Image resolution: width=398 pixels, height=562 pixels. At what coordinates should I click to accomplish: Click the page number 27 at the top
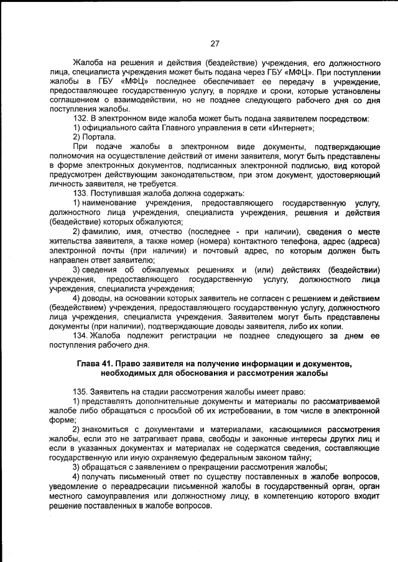[215, 43]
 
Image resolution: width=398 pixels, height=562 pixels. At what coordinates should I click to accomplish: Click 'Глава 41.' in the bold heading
[98, 363]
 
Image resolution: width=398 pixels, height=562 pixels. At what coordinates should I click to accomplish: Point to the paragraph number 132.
[81, 119]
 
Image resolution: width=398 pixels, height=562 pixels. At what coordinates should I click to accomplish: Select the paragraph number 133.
[81, 194]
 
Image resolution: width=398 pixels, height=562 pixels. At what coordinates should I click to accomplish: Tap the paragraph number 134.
[81, 335]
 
